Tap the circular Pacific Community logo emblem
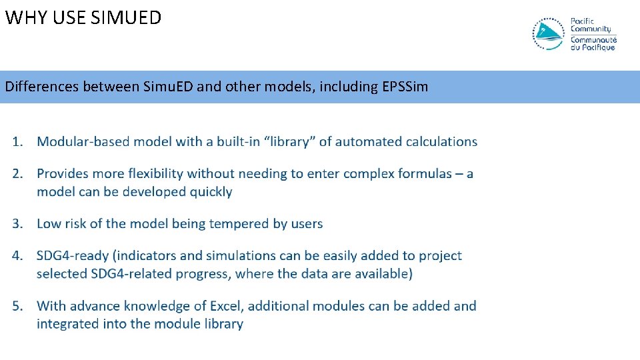click(x=549, y=34)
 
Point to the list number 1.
click(x=18, y=141)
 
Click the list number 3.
click(x=18, y=223)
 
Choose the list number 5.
click(x=18, y=306)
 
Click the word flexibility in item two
click(x=152, y=173)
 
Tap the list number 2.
click(x=18, y=173)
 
